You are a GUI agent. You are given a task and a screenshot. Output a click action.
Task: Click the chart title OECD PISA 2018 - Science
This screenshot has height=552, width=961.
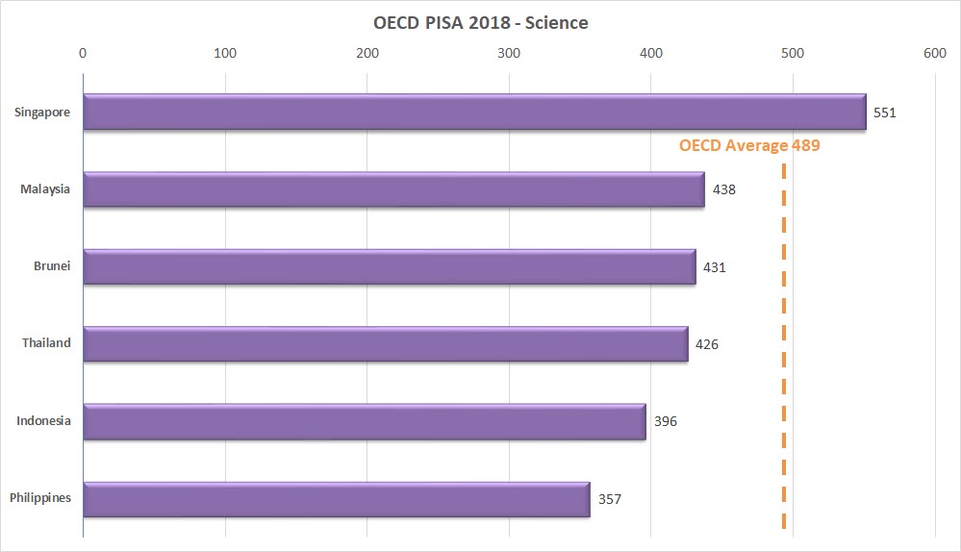[480, 22]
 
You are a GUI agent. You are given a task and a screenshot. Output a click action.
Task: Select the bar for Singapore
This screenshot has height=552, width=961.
[474, 112]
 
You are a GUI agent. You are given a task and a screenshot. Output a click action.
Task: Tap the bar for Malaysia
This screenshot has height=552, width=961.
[393, 189]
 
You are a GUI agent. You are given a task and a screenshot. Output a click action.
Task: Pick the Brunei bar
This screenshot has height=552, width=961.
[390, 266]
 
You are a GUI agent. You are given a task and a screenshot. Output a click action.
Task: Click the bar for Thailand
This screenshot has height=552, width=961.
[386, 344]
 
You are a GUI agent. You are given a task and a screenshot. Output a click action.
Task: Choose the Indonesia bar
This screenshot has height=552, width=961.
[365, 421]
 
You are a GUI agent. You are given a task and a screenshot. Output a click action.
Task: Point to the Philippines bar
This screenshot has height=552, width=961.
[337, 499]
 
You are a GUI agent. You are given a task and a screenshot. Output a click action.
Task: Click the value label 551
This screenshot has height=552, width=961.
[884, 113]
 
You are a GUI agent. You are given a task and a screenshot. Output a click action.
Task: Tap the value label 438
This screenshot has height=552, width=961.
[724, 189]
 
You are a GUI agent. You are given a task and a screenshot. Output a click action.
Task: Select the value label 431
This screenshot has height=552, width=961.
[714, 267]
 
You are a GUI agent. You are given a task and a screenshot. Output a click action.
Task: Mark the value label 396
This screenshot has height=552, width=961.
[666, 421]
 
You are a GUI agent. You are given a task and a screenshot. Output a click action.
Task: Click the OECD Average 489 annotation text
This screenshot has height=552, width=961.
[749, 146]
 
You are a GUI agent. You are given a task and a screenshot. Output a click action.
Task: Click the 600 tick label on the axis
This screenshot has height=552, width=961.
[934, 53]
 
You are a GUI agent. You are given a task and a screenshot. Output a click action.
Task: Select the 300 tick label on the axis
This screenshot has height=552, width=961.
[509, 53]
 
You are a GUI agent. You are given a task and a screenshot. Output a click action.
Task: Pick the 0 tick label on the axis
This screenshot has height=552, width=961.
[84, 53]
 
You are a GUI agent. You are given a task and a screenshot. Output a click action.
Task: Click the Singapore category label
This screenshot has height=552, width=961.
[42, 113]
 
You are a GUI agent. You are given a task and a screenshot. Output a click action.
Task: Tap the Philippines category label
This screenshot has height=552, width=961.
[39, 498]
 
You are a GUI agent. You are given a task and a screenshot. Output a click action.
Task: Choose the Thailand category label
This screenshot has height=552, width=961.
[46, 343]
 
